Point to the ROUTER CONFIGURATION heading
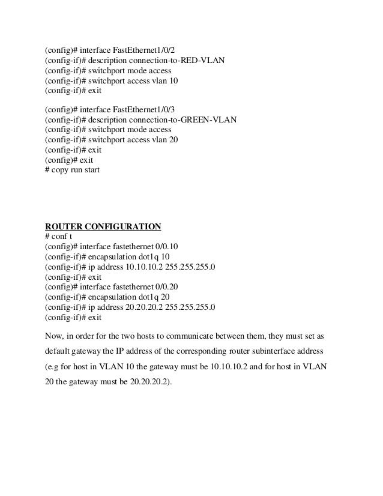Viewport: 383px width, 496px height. tap(103, 226)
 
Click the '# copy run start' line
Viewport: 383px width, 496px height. tap(73, 170)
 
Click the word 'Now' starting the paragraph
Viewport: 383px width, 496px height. tap(55, 334)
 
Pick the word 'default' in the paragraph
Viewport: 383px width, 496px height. tap(59, 349)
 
